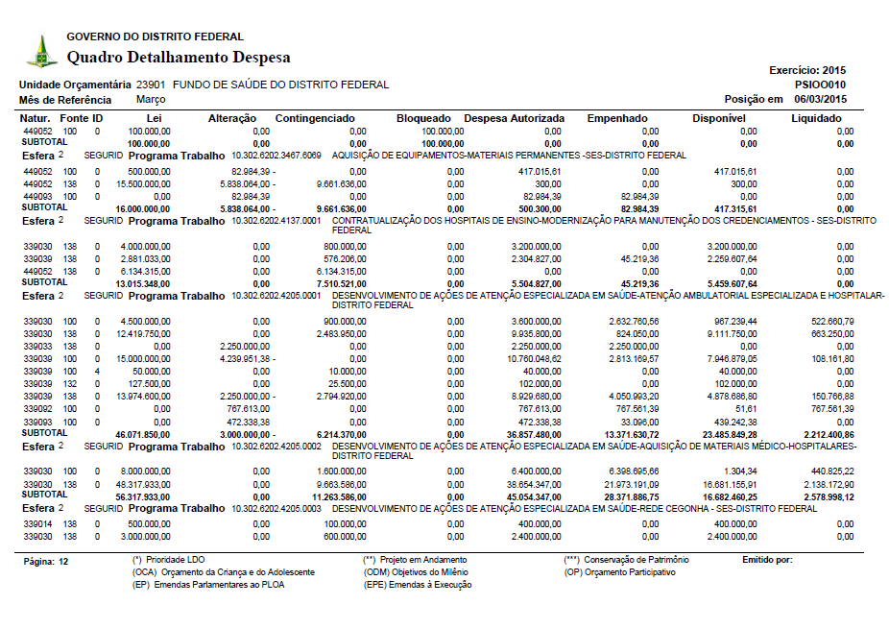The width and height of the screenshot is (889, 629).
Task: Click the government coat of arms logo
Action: [41, 51]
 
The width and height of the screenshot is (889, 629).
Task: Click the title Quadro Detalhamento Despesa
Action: [178, 58]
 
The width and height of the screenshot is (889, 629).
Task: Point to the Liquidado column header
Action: [816, 118]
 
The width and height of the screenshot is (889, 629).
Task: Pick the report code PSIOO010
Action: [821, 85]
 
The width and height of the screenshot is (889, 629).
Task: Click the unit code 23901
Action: [152, 85]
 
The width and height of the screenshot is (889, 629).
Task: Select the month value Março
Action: [153, 99]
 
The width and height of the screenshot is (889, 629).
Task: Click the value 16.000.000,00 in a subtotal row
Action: [143, 207]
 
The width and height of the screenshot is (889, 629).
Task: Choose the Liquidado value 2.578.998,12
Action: [829, 496]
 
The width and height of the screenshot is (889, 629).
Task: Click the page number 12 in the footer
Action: [63, 560]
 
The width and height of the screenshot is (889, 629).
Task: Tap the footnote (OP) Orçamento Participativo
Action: [619, 571]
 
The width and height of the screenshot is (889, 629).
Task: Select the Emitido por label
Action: [767, 559]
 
